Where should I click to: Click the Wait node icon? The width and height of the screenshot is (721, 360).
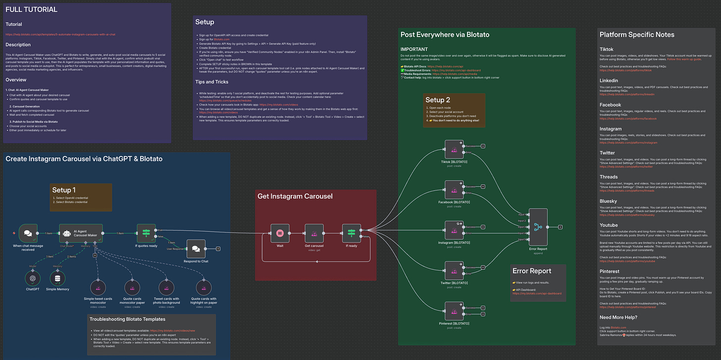click(x=279, y=233)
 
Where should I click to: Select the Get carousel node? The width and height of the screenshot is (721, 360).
click(x=314, y=233)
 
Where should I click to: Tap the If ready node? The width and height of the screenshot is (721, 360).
click(x=351, y=233)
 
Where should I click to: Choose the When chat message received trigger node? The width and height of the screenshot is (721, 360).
click(x=28, y=233)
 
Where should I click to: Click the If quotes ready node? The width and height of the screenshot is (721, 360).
click(x=146, y=233)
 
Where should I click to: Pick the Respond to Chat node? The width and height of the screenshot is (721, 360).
click(x=196, y=249)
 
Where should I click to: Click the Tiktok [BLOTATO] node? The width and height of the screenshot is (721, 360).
click(x=454, y=149)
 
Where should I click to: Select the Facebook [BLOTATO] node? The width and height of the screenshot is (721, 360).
click(x=454, y=190)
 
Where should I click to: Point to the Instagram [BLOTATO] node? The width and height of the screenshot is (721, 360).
click(x=454, y=230)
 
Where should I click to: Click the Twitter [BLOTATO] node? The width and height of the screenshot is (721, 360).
click(x=454, y=270)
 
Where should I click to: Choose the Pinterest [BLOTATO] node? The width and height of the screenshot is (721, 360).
click(x=454, y=311)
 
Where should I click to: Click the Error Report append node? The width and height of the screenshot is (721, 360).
click(x=538, y=227)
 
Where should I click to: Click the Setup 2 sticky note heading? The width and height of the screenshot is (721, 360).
click(x=438, y=100)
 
